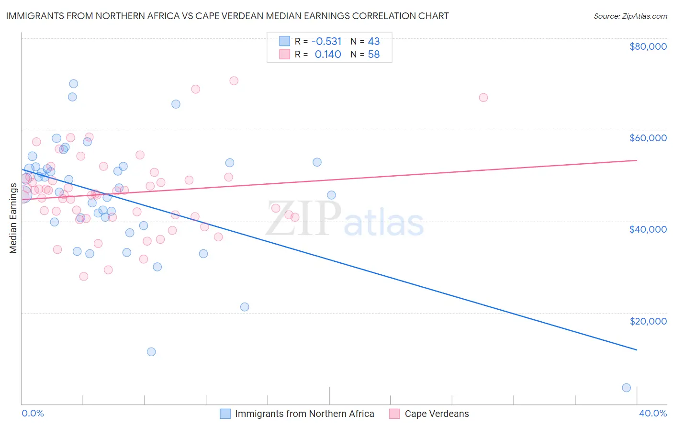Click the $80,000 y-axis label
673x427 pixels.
click(648, 46)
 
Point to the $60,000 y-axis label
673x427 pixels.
click(648, 138)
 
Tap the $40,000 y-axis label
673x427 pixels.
click(648, 229)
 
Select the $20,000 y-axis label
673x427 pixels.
click(648, 321)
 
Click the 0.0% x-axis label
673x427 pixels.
click(33, 413)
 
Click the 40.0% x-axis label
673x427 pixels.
click(652, 413)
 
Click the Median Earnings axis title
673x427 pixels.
click(13, 218)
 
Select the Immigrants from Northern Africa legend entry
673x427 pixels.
click(304, 414)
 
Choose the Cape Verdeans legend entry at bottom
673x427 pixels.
click(437, 414)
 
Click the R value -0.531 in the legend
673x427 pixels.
click(326, 42)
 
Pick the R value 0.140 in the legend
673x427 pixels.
click(328, 55)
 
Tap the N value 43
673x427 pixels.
click(374, 42)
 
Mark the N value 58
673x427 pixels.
click(374, 55)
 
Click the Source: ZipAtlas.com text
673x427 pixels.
click(630, 16)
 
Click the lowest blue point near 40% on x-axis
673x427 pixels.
click(626, 388)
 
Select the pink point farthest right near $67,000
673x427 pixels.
click(483, 98)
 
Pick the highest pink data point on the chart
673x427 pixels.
click(234, 81)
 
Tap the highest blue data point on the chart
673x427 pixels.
click(73, 84)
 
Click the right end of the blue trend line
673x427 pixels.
click(637, 350)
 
